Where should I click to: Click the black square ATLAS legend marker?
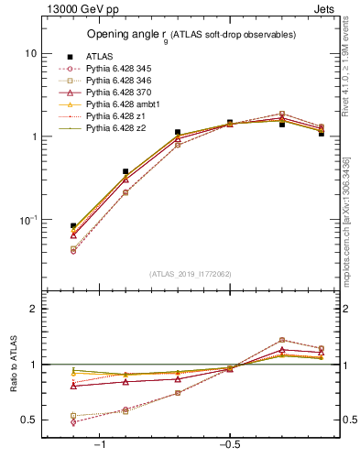pyautogui.click(x=71, y=56)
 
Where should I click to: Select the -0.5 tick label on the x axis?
pyautogui.click(x=229, y=444)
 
